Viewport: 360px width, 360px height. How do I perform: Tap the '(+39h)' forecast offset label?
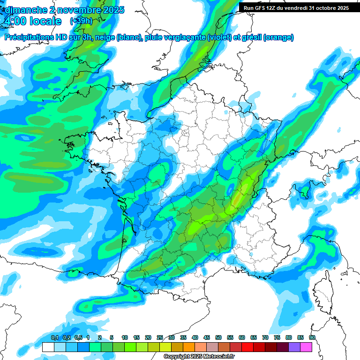(81, 21)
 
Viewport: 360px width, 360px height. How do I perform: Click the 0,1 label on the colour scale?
(54, 338)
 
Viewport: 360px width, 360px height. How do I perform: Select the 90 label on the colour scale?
(312, 338)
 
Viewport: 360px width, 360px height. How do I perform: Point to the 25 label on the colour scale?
(160, 338)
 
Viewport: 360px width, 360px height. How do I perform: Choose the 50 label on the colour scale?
(218, 338)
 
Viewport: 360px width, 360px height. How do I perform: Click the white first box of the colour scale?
(48, 347)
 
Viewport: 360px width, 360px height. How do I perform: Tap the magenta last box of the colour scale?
(306, 347)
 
